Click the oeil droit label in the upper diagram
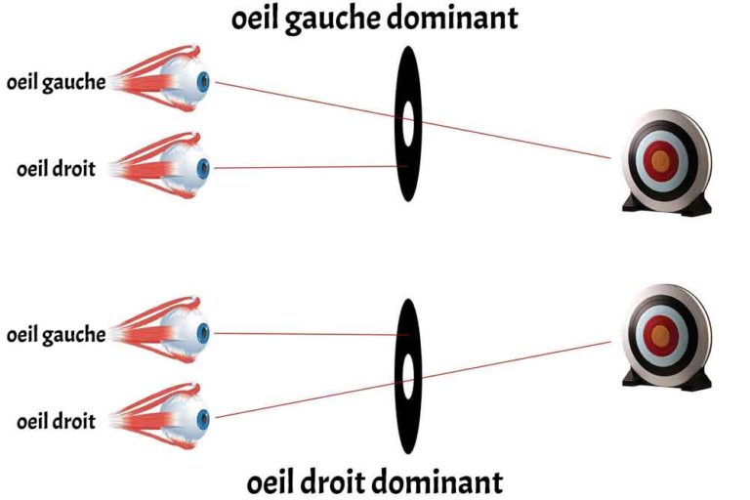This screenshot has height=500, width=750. click(57, 168)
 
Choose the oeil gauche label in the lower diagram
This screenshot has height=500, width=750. click(56, 335)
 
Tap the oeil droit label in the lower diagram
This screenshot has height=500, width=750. click(57, 421)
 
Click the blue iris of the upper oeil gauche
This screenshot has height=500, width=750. click(204, 82)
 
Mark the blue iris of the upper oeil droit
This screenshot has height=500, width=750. click(204, 168)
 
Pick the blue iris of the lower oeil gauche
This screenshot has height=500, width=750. click(204, 332)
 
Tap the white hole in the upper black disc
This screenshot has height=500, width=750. click(408, 122)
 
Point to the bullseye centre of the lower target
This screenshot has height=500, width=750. click(661, 335)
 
